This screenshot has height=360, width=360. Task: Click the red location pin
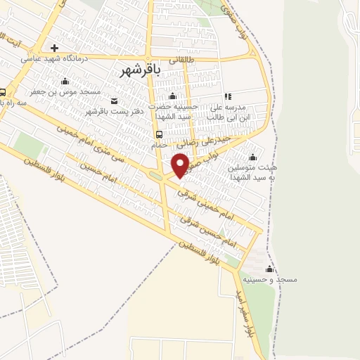181,165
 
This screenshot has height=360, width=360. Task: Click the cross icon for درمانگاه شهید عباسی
54,49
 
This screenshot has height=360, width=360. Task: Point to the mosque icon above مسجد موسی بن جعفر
65,82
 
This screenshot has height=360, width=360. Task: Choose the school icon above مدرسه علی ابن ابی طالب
227,96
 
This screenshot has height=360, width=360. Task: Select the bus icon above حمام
160,134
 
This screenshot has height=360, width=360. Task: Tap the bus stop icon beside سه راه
3,92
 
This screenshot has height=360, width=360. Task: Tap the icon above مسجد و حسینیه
269,269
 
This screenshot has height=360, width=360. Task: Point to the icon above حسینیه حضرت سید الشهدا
173,97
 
